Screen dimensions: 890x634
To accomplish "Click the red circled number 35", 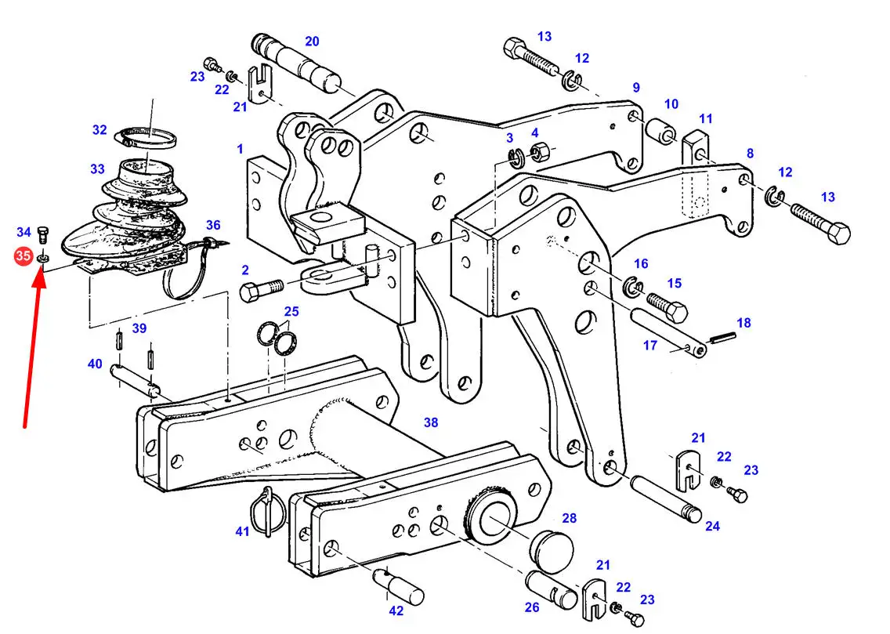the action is tap(23, 256).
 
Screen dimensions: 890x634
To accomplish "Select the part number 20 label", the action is tap(312, 42).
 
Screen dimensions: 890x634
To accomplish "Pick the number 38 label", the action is tap(431, 422).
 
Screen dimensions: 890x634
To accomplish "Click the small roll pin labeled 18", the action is tap(722, 339).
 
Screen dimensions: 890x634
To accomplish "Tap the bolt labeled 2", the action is tap(261, 289).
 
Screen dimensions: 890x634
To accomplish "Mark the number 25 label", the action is tap(291, 312).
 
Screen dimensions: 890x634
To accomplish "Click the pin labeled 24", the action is tap(665, 498).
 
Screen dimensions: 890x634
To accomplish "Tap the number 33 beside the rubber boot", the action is tap(98, 168).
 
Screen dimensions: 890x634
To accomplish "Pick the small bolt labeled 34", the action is tap(42, 234).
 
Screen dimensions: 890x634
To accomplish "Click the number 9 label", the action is tap(635, 88).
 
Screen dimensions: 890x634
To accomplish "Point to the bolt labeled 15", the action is tap(667, 306).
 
